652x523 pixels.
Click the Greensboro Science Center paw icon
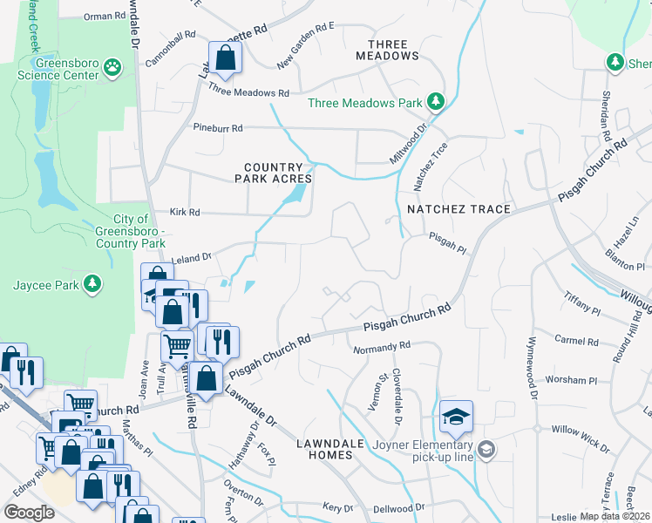[112, 66]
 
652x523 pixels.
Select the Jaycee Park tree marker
[91, 284]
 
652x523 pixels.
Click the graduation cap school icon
[456, 418]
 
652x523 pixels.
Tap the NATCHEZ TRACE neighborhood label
[458, 209]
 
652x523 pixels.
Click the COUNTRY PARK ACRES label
[274, 173]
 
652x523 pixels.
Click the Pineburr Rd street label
[218, 127]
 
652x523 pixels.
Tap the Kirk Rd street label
[185, 212]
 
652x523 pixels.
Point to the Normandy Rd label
[381, 349]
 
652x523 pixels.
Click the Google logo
[29, 513]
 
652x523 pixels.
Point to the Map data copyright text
[615, 516]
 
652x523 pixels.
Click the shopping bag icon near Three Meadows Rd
[225, 58]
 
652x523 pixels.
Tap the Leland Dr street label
[193, 257]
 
